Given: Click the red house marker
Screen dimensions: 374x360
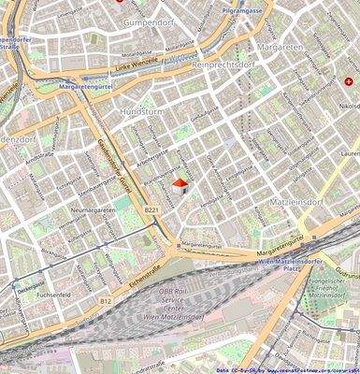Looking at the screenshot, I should click(x=179, y=188).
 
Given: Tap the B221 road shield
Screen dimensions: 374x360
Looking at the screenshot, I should click(x=151, y=211).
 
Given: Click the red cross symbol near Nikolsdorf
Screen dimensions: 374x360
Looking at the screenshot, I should click(x=349, y=82).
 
